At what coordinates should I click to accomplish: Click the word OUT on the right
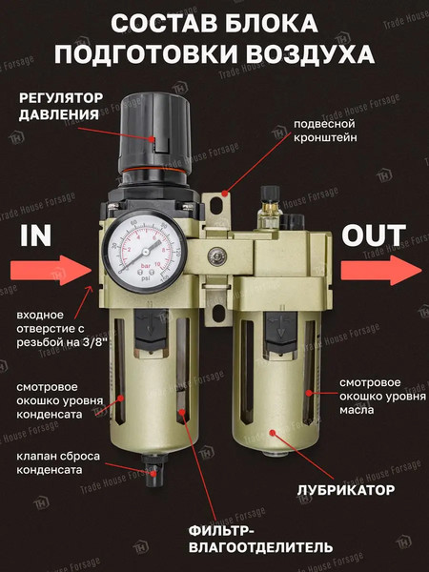pyautogui.click(x=374, y=235)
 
